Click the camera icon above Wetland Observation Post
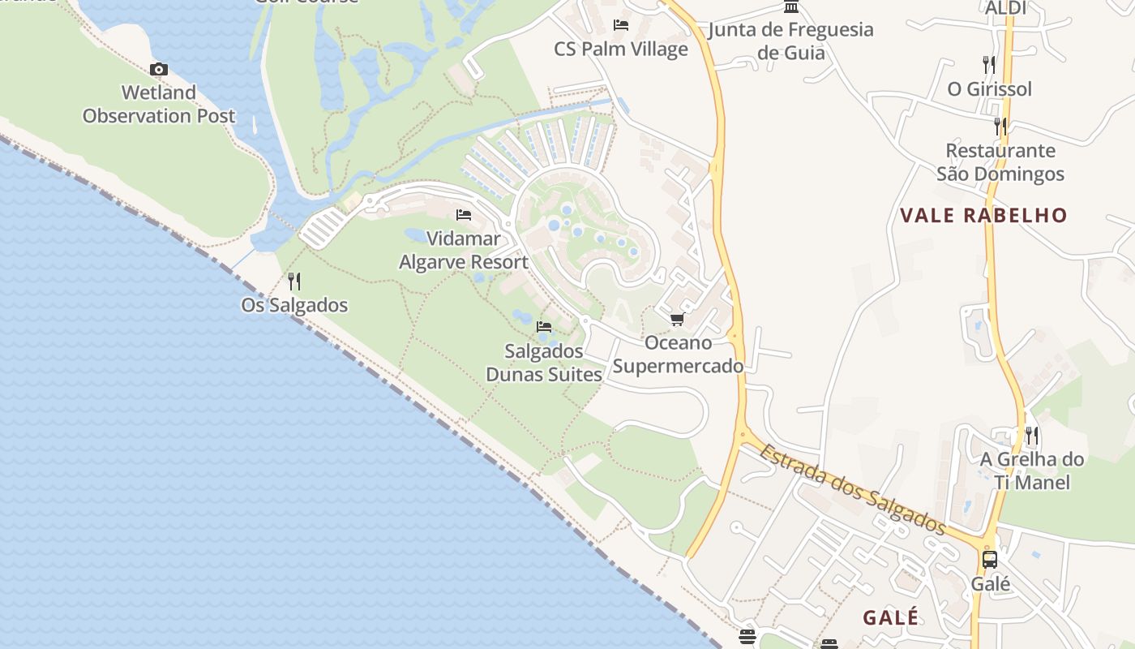tap(159, 69)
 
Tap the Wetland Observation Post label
tap(159, 105)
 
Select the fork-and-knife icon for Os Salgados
tap(294, 282)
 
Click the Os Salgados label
tap(294, 306)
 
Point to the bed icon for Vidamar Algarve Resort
tap(464, 215)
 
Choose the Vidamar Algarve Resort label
tap(464, 251)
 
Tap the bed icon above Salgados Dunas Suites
tap(544, 327)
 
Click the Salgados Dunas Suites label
tap(544, 363)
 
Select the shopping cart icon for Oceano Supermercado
tap(678, 319)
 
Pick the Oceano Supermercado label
tap(678, 355)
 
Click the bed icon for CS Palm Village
tap(621, 25)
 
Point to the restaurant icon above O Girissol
tap(989, 64)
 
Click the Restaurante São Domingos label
tap(1000, 162)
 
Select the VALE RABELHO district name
tap(983, 216)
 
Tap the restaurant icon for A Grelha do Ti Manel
tap(1031, 436)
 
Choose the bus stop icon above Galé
tap(990, 559)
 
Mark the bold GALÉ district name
tap(891, 617)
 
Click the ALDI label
tap(1005, 8)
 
